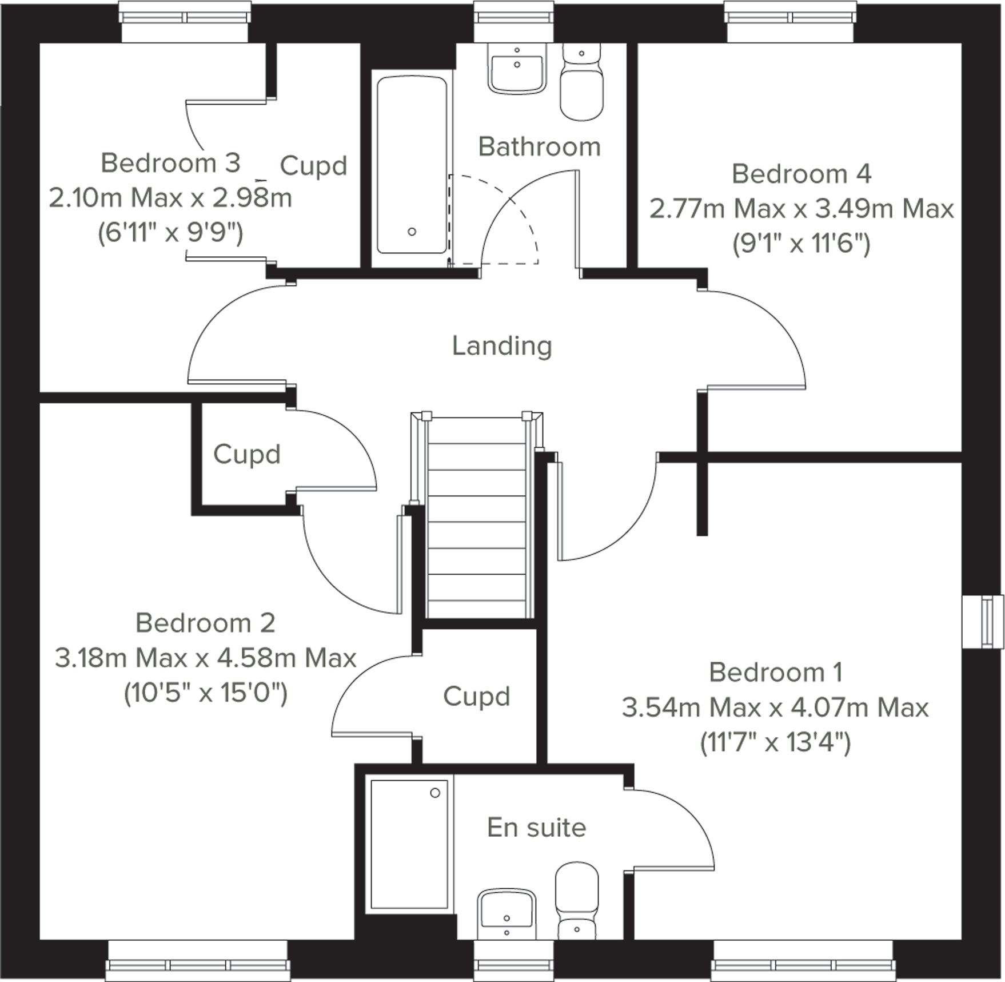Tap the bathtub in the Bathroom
[412, 166]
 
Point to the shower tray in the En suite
[409, 844]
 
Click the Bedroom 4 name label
[801, 174]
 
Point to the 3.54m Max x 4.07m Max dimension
[775, 708]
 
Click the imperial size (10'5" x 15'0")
[205, 694]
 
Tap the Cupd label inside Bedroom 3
[313, 166]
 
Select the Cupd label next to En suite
[476, 697]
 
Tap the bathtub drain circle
[412, 232]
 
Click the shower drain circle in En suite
[435, 793]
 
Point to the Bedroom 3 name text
[170, 164]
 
